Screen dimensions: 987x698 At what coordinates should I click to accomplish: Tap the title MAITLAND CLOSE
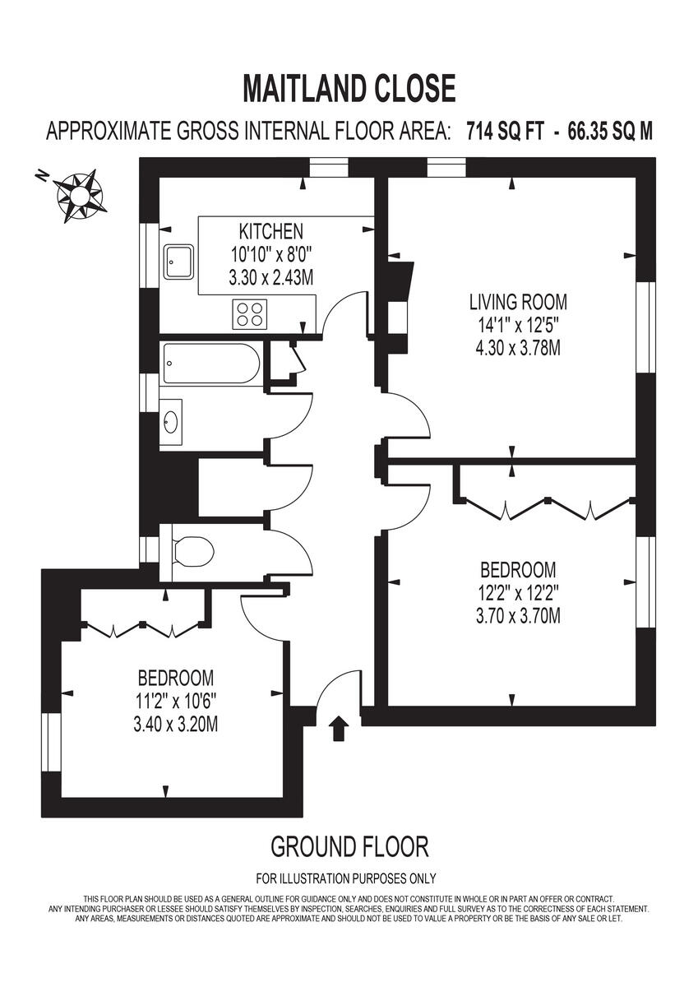point(349,88)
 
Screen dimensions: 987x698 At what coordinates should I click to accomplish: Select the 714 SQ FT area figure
point(504,132)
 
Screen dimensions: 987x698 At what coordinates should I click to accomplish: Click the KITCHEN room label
point(270,231)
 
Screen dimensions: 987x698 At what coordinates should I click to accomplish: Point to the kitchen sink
point(178,262)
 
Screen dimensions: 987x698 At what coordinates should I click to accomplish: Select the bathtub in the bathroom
point(212,364)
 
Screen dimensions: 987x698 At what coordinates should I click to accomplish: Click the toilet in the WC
point(192,550)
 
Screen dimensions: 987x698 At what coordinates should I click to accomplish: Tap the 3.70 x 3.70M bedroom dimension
point(518,615)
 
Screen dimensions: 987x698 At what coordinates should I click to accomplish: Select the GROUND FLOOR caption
point(349,846)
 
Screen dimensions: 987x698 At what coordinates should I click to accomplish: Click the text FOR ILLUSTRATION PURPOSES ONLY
point(346,878)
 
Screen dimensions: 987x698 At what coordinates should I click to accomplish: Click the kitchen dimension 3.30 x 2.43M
point(270,278)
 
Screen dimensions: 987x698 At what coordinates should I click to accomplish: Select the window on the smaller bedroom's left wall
point(52,743)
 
